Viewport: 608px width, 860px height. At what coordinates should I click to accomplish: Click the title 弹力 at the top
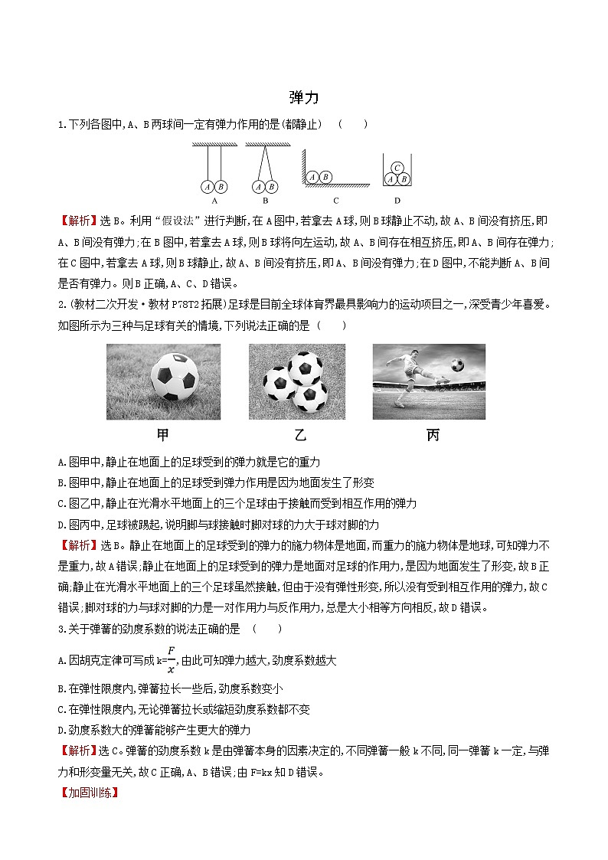point(304,98)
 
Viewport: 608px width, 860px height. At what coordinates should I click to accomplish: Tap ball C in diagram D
point(397,168)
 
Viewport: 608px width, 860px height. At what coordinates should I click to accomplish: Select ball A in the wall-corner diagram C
point(312,177)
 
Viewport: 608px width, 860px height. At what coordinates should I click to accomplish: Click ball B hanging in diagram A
point(221,186)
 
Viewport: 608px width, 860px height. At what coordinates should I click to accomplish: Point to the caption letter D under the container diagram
point(397,201)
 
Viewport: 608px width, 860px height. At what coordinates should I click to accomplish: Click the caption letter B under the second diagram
point(265,201)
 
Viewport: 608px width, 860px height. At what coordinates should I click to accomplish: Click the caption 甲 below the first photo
point(163,435)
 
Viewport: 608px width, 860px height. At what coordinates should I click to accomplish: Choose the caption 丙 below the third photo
point(433,435)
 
